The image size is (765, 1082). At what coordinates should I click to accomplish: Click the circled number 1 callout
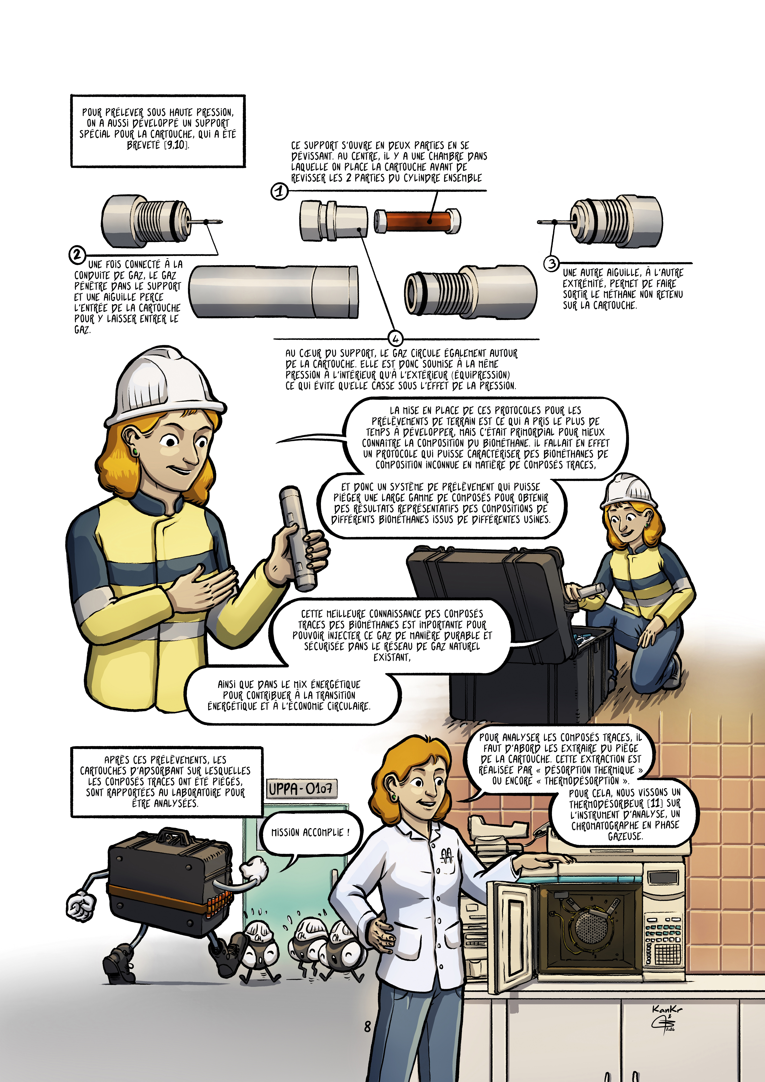point(280,191)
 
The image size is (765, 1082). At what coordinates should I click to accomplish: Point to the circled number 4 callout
point(396,338)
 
